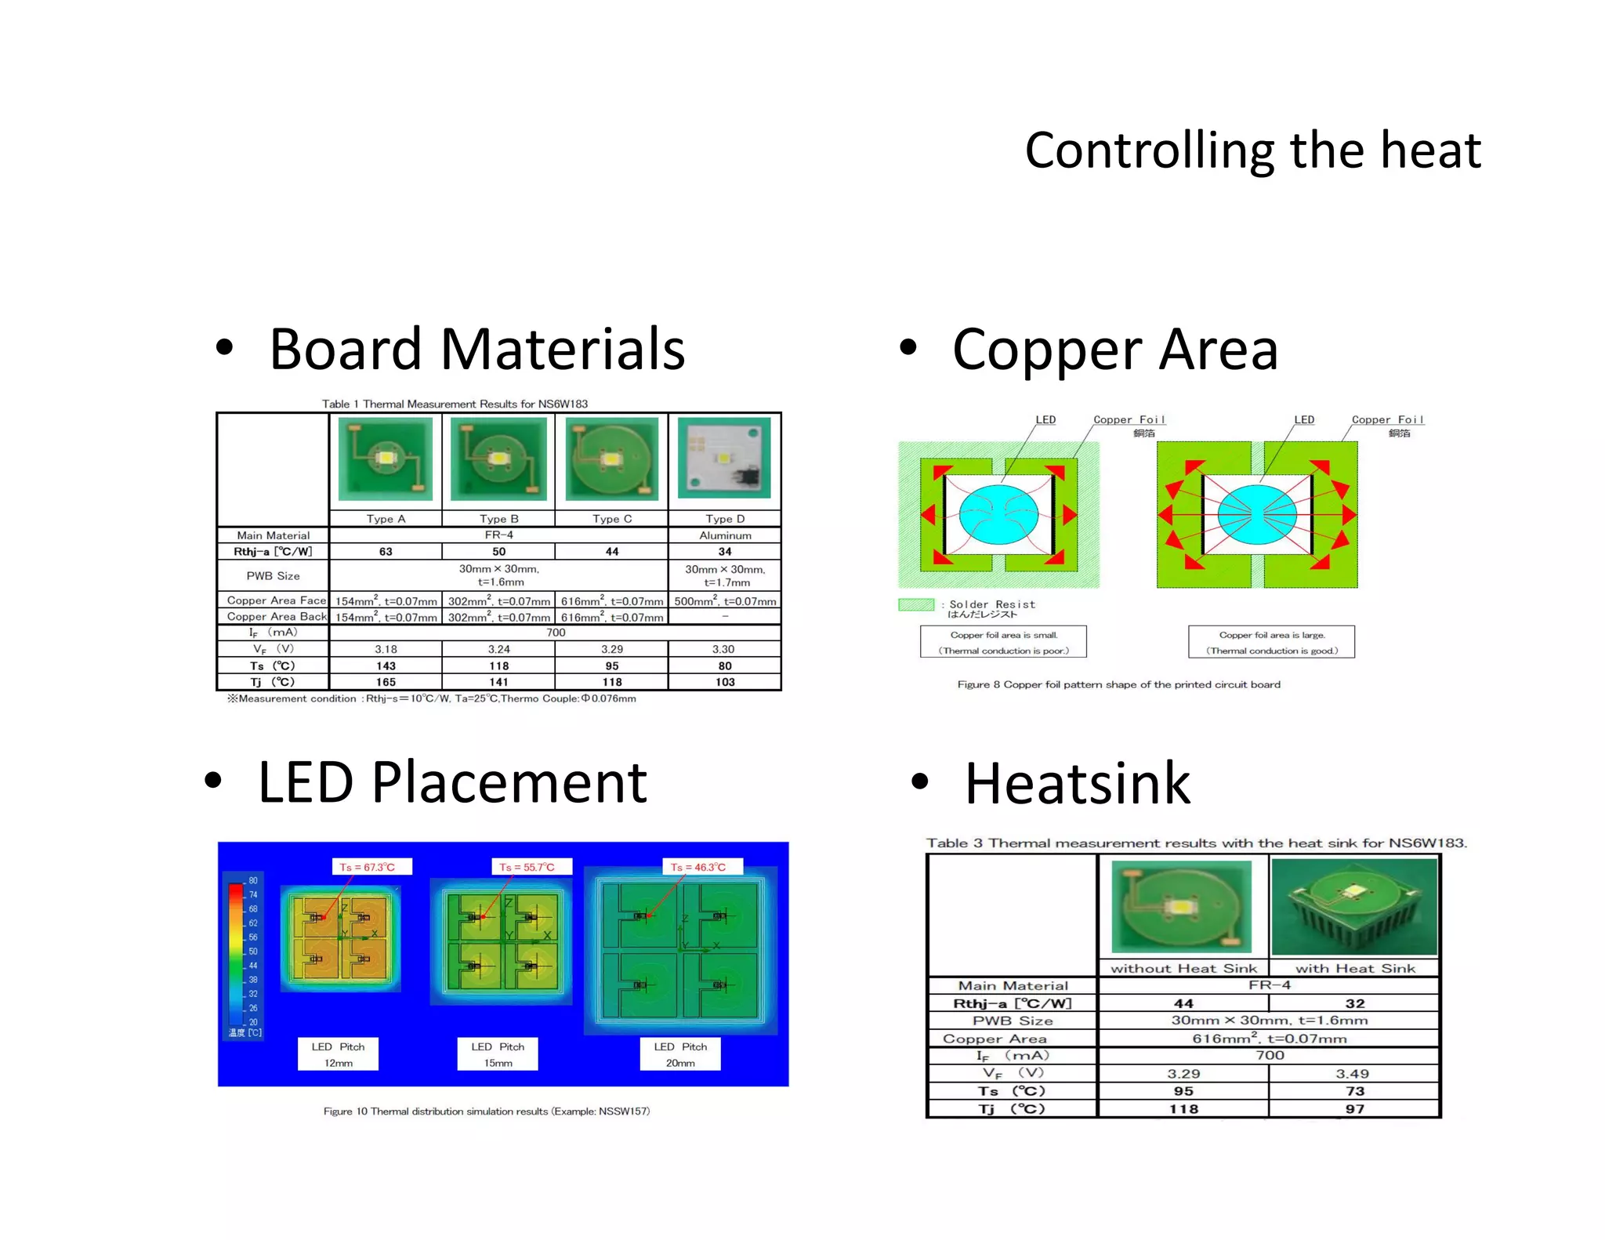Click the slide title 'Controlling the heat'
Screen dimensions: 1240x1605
point(1252,150)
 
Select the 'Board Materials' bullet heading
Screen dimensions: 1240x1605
point(476,349)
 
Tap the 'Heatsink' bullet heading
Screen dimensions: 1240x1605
point(1077,783)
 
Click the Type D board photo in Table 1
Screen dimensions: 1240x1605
point(724,459)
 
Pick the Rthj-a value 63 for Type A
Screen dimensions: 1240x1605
point(386,552)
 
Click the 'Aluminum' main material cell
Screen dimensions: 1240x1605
point(725,535)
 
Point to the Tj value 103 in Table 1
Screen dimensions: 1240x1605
point(725,682)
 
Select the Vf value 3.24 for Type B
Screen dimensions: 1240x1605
point(498,649)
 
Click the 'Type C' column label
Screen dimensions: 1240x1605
point(612,519)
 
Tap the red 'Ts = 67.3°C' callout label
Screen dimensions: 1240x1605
point(368,867)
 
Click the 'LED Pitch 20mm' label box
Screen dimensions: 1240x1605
point(680,1054)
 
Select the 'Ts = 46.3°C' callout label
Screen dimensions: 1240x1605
point(698,867)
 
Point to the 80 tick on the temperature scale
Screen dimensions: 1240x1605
point(253,880)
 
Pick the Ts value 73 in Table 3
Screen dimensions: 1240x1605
point(1355,1091)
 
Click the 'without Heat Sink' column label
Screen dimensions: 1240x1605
point(1183,969)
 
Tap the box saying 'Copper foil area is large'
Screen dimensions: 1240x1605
point(1271,642)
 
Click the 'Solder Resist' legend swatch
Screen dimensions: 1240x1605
point(916,604)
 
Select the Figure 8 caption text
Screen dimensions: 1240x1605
point(1118,684)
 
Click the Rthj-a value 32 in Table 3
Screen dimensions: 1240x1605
point(1355,1003)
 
